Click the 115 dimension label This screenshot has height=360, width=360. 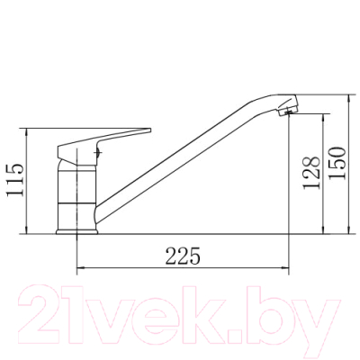pyautogui.click(x=15, y=180)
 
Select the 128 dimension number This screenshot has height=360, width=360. pyautogui.click(x=311, y=173)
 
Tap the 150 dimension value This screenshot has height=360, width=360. pyautogui.click(x=337, y=163)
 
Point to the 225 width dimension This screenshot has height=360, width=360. pyautogui.click(x=183, y=256)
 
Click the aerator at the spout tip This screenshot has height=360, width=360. pyautogui.click(x=288, y=111)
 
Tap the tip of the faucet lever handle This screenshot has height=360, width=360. pyautogui.click(x=150, y=130)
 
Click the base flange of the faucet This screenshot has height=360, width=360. pyautogui.click(x=77, y=231)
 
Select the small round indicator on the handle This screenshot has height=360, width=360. pyautogui.click(x=98, y=152)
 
